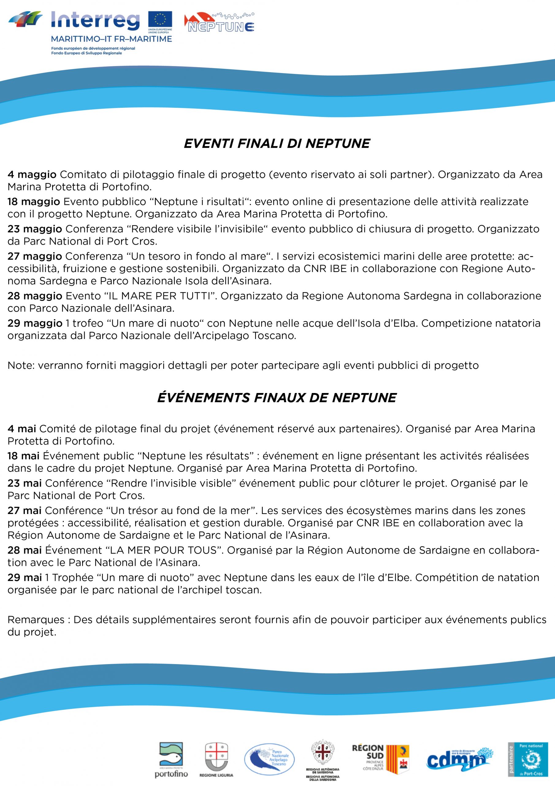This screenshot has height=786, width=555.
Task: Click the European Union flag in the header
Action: click(x=160, y=21)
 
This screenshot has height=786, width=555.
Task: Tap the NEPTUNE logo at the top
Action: click(x=219, y=24)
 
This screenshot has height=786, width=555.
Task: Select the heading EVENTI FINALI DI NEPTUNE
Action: click(x=277, y=144)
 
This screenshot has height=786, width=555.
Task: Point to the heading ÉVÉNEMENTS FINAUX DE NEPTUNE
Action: click(x=277, y=398)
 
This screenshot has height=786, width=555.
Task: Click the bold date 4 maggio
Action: click(x=32, y=175)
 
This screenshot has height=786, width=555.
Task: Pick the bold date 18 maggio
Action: click(x=33, y=202)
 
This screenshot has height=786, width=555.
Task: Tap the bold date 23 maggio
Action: click(x=35, y=229)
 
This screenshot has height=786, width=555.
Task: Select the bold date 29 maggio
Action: click(x=35, y=323)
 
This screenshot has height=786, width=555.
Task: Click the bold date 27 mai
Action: click(x=25, y=510)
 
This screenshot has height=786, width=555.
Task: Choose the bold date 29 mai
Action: click(x=25, y=578)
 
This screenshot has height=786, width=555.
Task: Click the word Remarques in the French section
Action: click(x=36, y=620)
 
